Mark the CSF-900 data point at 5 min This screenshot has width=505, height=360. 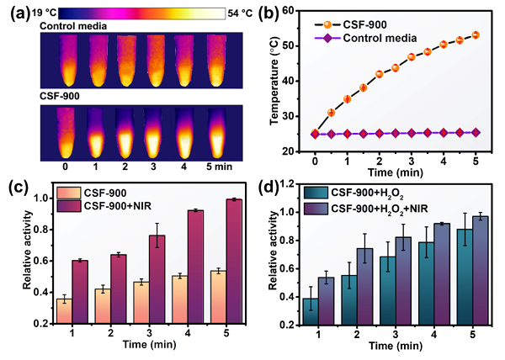tap(476, 35)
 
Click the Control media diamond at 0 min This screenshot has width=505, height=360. tap(315, 134)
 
